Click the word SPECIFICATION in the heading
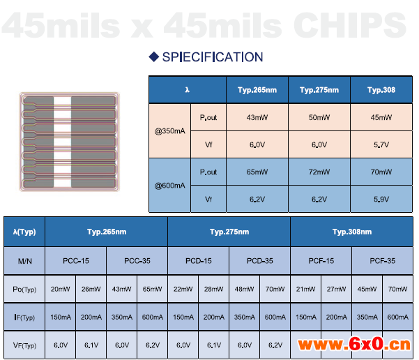[213, 57]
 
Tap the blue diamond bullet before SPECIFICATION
[154, 57]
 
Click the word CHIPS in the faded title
[350, 26]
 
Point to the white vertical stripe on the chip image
[62, 142]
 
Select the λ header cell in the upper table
[188, 90]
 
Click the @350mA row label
[169, 131]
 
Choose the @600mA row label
[169, 186]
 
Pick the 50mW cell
[319, 117]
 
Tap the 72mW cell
[319, 172]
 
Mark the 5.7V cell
[381, 144]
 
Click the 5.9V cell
[381, 200]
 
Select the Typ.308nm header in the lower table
[352, 232]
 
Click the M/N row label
[24, 261]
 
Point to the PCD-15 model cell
[198, 261]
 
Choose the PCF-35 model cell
[382, 261]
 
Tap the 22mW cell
[183, 289]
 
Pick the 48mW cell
[244, 289]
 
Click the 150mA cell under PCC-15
[61, 317]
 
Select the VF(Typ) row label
[24, 345]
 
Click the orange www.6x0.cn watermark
[354, 344]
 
